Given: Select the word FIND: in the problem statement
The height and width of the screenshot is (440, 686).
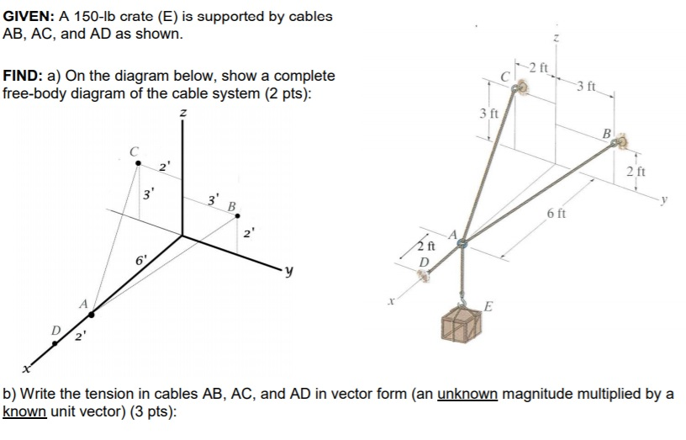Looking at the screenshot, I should click(x=24, y=76).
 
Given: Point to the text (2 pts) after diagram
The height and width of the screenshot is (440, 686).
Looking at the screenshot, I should click(x=280, y=93).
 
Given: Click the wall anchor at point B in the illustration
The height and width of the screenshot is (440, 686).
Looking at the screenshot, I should click(x=620, y=145).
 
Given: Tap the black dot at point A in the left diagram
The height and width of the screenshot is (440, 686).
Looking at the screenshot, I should click(x=92, y=314).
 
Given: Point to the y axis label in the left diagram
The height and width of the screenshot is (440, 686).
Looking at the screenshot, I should click(x=288, y=272).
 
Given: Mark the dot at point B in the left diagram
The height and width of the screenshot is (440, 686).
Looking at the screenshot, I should click(x=237, y=215).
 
